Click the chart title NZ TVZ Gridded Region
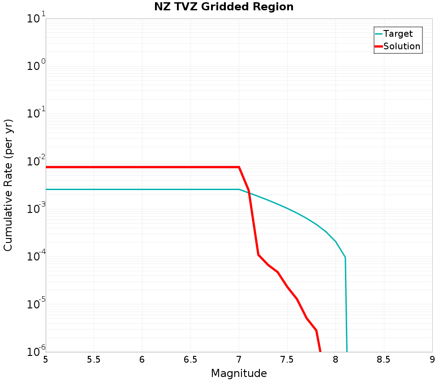point(224,7)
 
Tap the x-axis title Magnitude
point(239,373)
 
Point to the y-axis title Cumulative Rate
point(8,185)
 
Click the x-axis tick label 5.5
point(94,359)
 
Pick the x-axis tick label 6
point(142,359)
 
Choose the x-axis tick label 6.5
point(190,359)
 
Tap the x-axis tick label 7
point(239,359)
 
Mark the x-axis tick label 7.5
point(287,359)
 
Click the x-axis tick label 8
point(336,359)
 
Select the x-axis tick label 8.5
point(384,359)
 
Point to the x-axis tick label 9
point(432,359)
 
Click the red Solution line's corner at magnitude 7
point(239,167)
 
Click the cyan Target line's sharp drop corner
point(345,257)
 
